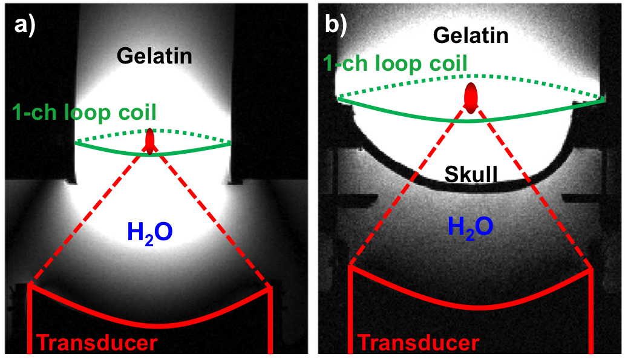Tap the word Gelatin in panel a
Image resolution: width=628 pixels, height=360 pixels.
(x=154, y=56)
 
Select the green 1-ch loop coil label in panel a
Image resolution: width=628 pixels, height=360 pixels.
(x=84, y=112)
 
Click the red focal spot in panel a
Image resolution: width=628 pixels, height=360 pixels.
(x=150, y=140)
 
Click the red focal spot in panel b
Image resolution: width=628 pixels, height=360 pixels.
(x=471, y=97)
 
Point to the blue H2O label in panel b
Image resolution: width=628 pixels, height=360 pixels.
(x=470, y=226)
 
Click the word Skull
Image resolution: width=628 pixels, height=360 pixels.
(x=471, y=175)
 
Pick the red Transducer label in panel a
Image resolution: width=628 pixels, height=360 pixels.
(x=97, y=343)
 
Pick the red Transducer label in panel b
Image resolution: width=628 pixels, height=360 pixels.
(x=419, y=343)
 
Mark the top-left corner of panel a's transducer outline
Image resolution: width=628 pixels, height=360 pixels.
(x=30, y=286)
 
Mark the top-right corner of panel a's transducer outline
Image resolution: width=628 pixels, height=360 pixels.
(x=270, y=288)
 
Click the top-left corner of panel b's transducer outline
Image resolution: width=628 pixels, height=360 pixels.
(x=350, y=266)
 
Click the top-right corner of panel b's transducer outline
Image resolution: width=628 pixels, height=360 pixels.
(x=590, y=268)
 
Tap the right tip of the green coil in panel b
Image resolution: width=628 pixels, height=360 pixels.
(x=604, y=99)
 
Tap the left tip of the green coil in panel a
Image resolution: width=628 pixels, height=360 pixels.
(x=76, y=143)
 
